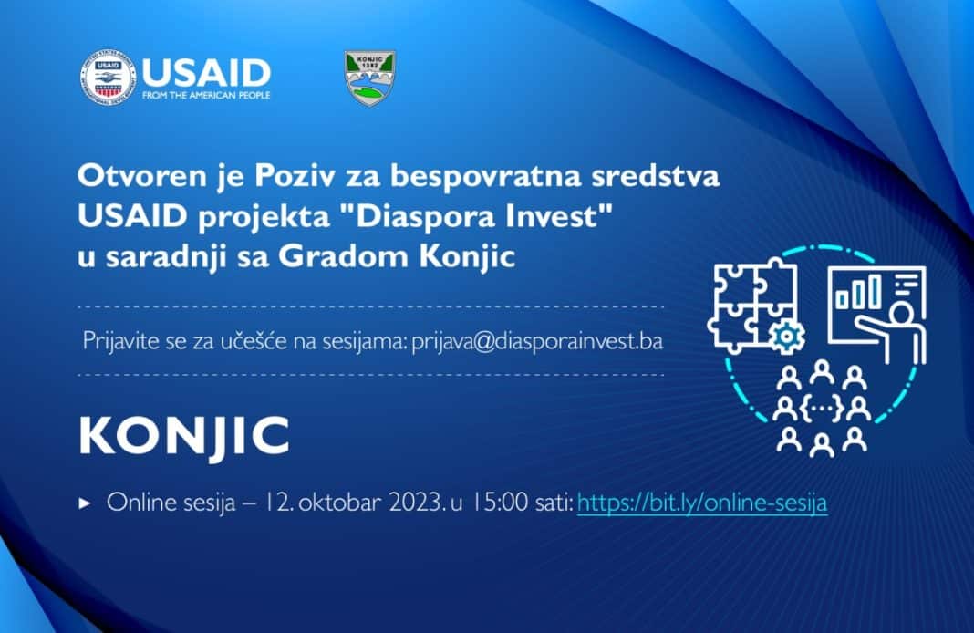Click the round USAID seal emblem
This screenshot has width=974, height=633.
click(107, 78)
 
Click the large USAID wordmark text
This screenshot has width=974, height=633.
click(205, 71)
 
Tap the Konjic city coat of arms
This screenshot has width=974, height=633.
click(369, 78)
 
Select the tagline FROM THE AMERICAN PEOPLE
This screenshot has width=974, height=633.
click(206, 94)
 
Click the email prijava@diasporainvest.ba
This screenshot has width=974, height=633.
click(537, 341)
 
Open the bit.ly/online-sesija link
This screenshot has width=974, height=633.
click(702, 503)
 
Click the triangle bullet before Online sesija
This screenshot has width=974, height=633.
click(86, 503)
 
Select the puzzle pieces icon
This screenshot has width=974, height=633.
click(751, 301)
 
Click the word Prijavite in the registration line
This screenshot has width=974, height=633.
click(115, 341)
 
